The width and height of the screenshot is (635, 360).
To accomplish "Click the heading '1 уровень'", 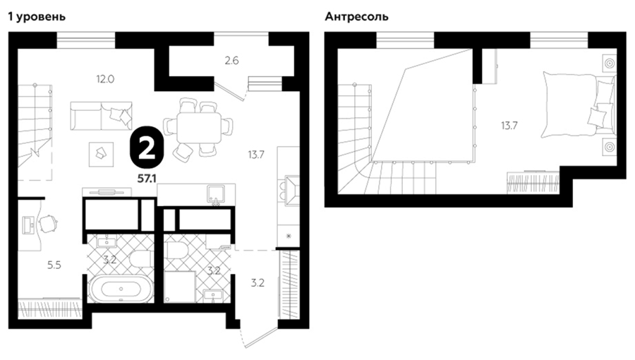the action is (x=37, y=17).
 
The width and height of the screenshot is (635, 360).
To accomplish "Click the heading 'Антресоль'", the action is (x=357, y=17).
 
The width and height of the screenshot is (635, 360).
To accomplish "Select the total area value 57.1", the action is (x=147, y=178).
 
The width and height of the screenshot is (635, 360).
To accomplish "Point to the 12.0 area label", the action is (x=105, y=79).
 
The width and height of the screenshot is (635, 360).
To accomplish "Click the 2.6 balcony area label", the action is (x=231, y=61).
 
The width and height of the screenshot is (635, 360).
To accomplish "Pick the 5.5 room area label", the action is (x=54, y=265).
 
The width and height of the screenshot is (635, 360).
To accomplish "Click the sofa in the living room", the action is (x=101, y=116).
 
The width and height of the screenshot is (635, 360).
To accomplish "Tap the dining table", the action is (x=199, y=128).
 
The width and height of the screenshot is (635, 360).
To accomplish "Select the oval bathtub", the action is (x=121, y=289).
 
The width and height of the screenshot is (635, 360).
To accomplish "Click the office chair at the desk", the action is (x=49, y=224).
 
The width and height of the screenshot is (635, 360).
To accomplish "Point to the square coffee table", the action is (x=101, y=154).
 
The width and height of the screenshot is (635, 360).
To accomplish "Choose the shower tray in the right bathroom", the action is (x=180, y=287).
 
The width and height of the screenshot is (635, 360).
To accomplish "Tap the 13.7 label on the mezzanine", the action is (x=509, y=126).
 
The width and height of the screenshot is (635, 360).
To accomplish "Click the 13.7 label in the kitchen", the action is (x=256, y=155).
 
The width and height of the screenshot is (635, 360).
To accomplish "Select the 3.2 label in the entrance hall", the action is (x=258, y=282).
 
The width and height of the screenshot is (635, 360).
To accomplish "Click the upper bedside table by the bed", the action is (x=609, y=64).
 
